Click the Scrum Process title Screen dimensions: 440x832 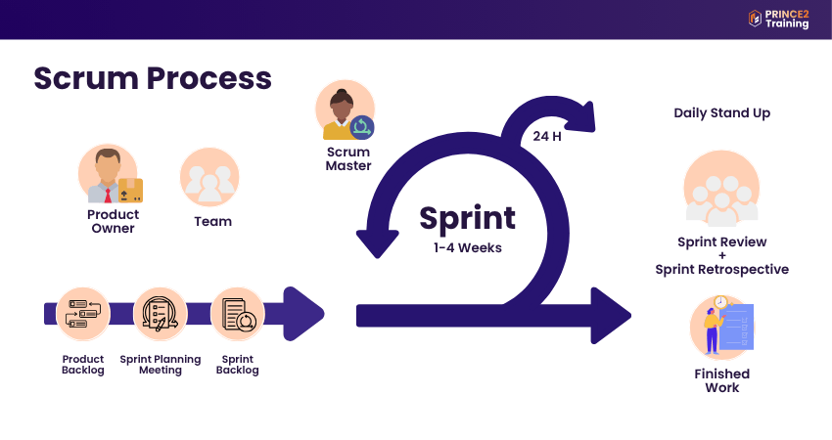click(153, 78)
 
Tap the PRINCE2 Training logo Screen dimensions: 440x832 click(778, 19)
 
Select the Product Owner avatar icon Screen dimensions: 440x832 click(109, 175)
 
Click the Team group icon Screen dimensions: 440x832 click(210, 177)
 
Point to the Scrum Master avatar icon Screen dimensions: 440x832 click(345, 110)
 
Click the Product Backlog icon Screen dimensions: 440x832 click(83, 314)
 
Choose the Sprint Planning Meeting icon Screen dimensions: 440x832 click(161, 314)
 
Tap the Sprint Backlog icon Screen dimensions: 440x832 click(237, 314)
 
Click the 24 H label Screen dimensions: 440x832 click(544, 136)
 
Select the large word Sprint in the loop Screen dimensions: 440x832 click(467, 217)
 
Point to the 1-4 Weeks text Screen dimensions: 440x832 click(467, 247)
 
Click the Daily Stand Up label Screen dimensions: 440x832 click(721, 113)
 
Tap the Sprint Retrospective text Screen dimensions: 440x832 click(721, 270)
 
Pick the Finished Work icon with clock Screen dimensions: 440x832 click(721, 327)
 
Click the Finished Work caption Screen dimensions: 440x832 click(721, 380)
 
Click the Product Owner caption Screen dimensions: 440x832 click(114, 221)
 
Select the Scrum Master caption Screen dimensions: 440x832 click(348, 158)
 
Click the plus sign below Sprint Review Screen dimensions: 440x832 click(721, 256)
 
